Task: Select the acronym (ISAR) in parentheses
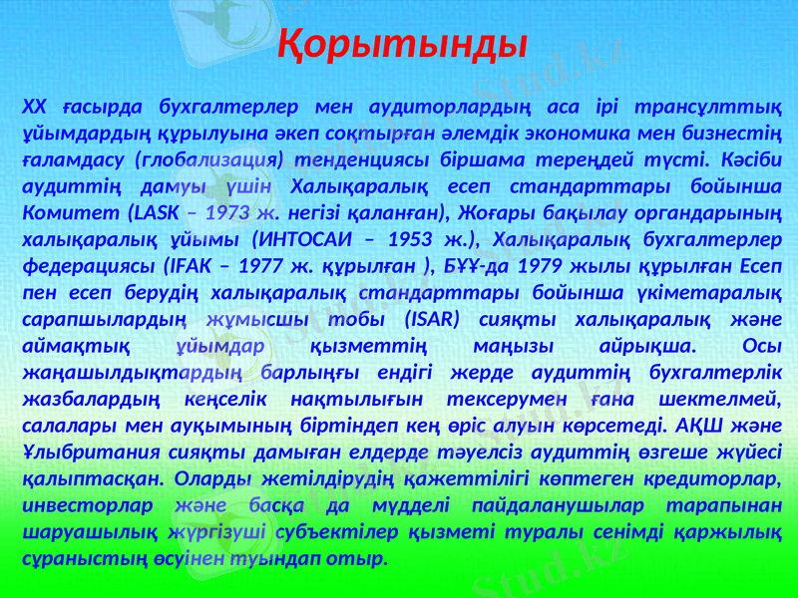click(433, 316)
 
